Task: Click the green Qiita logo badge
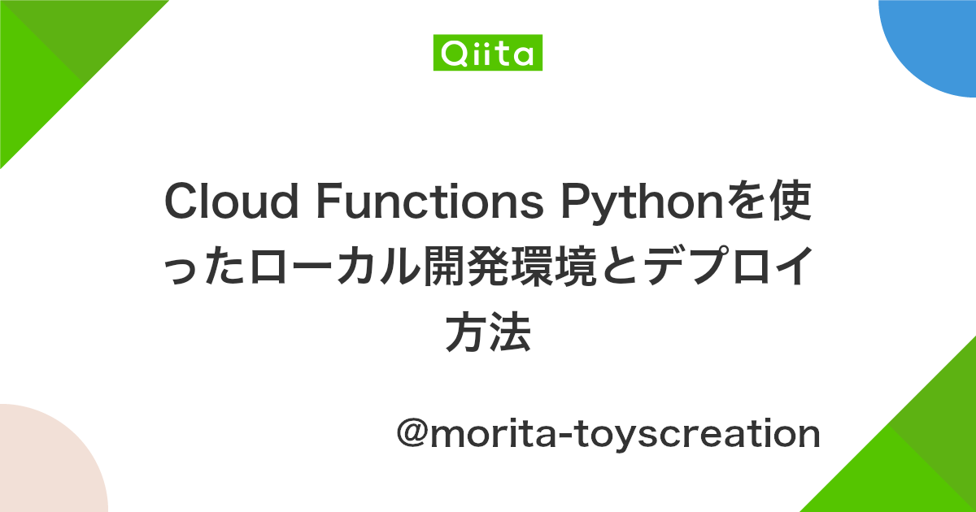[x=488, y=54]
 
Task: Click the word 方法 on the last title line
[x=488, y=333]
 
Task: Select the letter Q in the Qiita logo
[x=450, y=54]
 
